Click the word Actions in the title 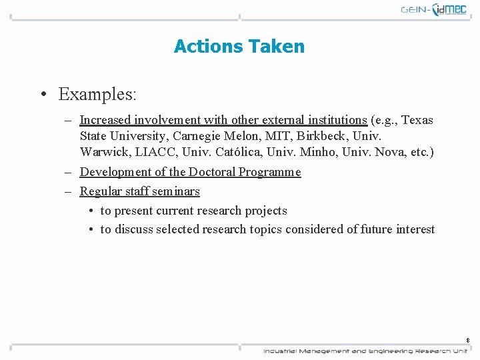(208, 47)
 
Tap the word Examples (97, 95)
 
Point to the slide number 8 (468, 340)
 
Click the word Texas (417, 120)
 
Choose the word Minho (317, 152)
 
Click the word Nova (391, 152)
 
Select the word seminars (176, 191)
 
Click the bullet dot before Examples (42, 95)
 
